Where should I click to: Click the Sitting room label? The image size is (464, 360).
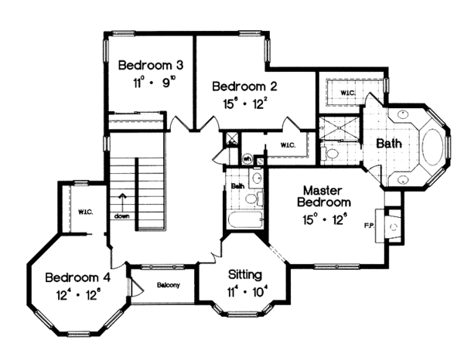coord(245,275)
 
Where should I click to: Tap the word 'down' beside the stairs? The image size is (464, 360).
coord(122,217)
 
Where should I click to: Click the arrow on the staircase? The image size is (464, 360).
coord(122,202)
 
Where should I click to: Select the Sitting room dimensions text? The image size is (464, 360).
coord(245,291)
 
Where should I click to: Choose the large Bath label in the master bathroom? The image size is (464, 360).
coord(388,144)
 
